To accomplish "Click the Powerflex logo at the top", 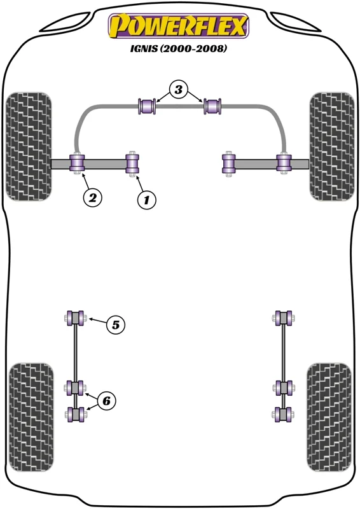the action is pos(178,25).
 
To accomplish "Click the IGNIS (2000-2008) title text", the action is pos(178,49).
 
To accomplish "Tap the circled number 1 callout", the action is pos(146,200).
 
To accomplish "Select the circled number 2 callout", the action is pos(93,197).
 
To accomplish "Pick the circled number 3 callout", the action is pos(179,90).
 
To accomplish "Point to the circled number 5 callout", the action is pos(116,324).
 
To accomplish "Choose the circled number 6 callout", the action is pos(106,401).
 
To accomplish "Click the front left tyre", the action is pos(29,146).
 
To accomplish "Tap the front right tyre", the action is pos(332,146).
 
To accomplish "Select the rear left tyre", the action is pos(31,417).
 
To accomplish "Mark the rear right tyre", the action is pos(329,417).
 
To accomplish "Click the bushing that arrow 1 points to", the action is pos(132,164).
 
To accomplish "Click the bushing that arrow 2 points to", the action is pos(77,164).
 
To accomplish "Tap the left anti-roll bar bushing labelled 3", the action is pos(148,106).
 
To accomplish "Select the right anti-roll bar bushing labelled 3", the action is pos(212,106).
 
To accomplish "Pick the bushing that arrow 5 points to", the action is pos(74,317).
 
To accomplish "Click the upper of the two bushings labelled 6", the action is pos(75,387).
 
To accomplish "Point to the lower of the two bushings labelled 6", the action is pos(75,415).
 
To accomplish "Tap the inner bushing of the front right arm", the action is pos(229,164).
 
